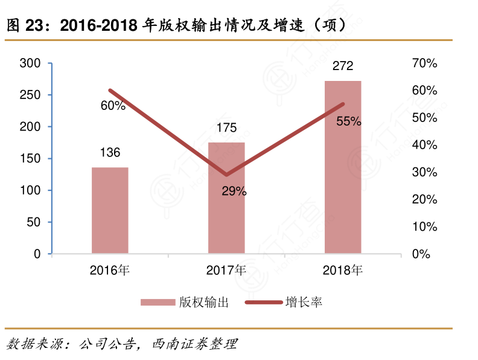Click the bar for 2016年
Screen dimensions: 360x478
pyautogui.click(x=110, y=210)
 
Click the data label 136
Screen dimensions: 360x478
pyautogui.click(x=110, y=152)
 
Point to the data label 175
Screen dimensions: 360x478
pyautogui.click(x=226, y=127)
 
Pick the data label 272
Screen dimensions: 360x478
pyautogui.click(x=343, y=66)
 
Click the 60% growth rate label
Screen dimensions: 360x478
pyautogui.click(x=113, y=106)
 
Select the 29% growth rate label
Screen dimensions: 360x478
pyautogui.click(x=234, y=191)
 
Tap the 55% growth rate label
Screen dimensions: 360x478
pyautogui.click(x=349, y=121)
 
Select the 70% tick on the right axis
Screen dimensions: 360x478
pyautogui.click(x=424, y=63)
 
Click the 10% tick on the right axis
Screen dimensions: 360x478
pyautogui.click(x=424, y=227)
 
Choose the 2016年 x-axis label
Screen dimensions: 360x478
pyautogui.click(x=110, y=270)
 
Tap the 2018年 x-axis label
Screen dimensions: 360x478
pyautogui.click(x=343, y=270)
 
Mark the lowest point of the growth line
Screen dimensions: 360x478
pyautogui.click(x=226, y=175)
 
